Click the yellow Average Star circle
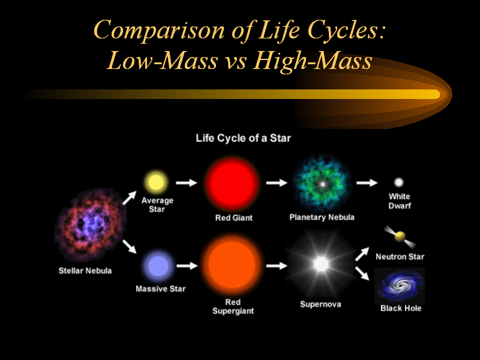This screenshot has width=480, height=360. pos(156,182)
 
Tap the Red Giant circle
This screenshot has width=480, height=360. pos(232,184)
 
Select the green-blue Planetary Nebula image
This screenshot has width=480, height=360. pos(322,184)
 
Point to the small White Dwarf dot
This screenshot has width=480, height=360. pos(398,182)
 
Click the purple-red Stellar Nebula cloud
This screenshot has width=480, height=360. pos(90,225)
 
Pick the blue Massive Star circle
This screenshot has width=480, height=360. pos(158,266)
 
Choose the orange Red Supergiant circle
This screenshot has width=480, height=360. pos(232,265)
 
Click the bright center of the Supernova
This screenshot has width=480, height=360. pos(321,264)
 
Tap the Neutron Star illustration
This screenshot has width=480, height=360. pos(400,236)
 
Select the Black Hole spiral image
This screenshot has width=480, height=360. pos(400,286)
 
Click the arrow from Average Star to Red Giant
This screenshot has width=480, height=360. pos(187,183)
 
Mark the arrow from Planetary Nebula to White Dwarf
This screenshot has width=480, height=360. pos(367,183)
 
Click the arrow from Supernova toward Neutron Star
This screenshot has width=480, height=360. pos(362,254)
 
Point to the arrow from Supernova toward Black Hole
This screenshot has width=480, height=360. pos(362,274)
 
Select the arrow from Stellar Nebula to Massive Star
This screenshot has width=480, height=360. pos(130,247)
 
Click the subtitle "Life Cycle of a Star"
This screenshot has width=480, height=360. pos(244,139)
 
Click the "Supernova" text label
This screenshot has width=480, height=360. pos(320,304)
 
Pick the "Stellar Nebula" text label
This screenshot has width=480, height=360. pos(85,271)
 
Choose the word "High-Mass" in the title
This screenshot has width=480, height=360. pos(313,61)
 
